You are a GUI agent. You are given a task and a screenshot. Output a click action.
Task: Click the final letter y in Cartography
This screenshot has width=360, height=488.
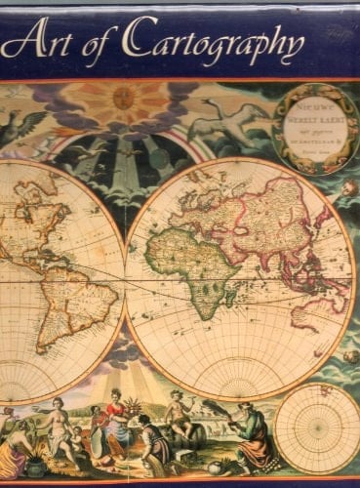point(293,49)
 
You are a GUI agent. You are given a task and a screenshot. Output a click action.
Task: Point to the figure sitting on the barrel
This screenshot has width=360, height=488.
point(178,415)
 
